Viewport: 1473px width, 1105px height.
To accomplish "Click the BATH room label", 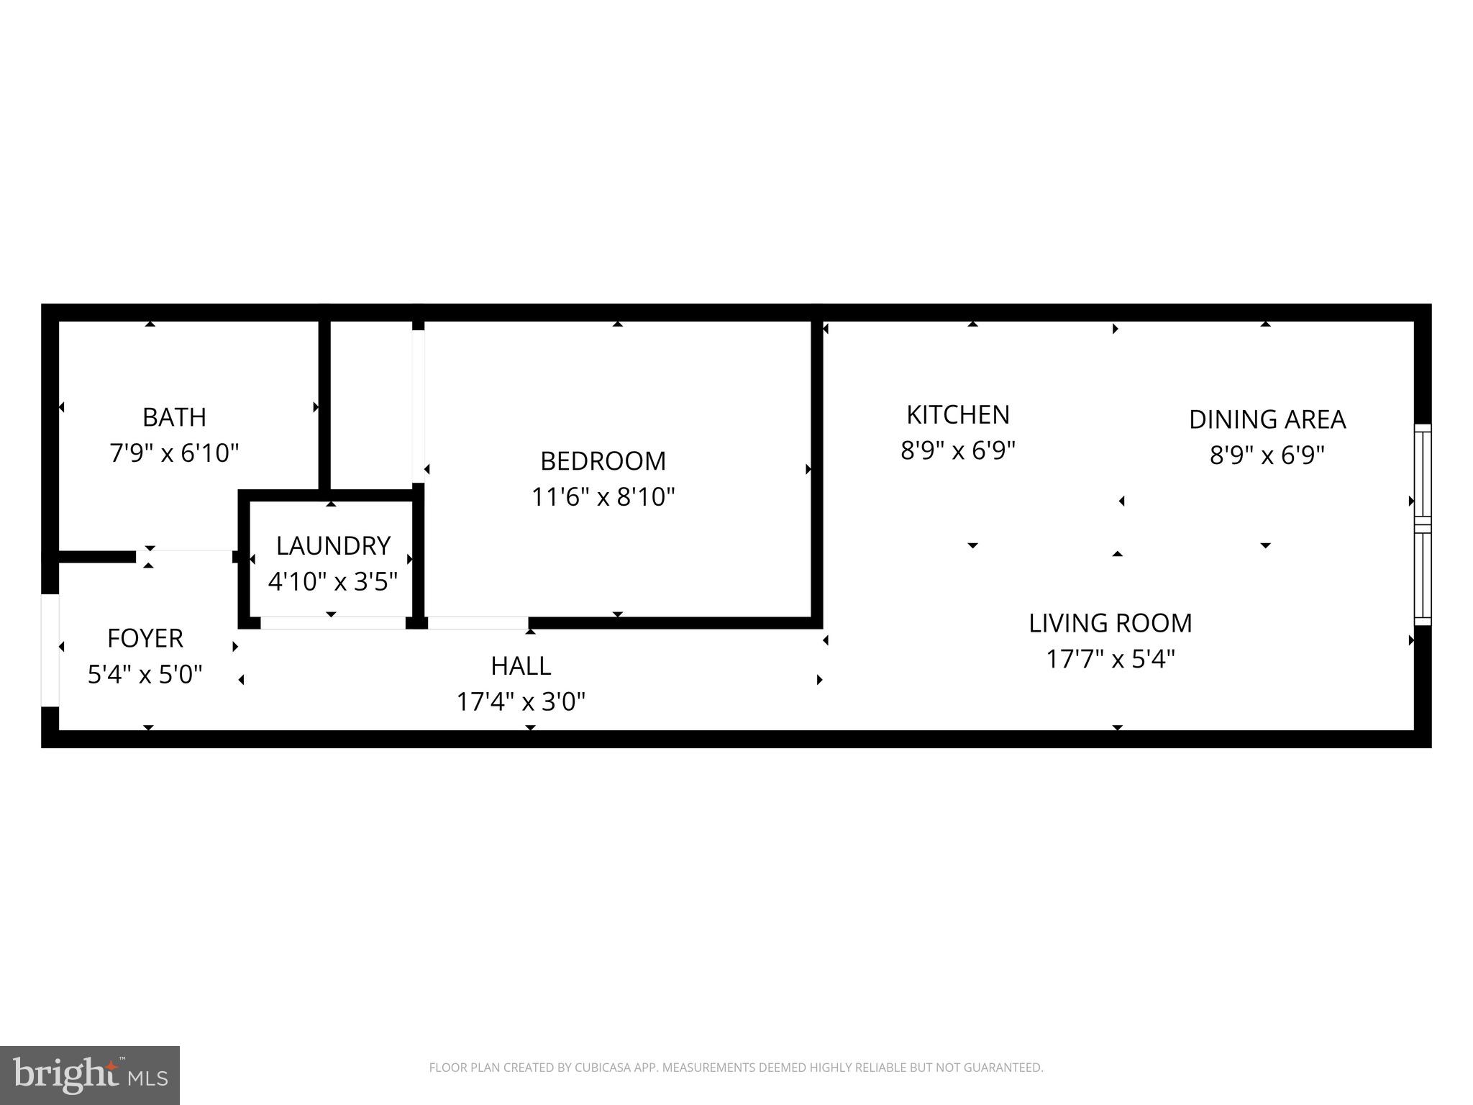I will tap(174, 417).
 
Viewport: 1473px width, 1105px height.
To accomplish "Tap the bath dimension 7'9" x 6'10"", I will tap(174, 453).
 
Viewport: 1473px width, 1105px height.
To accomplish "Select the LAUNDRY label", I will tap(333, 546).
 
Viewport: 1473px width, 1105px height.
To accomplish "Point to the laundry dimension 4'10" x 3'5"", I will tap(333, 581).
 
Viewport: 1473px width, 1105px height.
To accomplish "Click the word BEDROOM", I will tap(603, 461).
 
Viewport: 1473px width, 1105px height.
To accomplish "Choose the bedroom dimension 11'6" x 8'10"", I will tap(603, 497).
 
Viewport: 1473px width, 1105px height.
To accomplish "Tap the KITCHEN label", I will tap(958, 415).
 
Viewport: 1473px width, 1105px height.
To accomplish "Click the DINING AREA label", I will tap(1267, 419).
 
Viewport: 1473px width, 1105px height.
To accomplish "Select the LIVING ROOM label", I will tap(1111, 623).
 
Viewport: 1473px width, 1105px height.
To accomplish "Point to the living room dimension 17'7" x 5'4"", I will tap(1111, 659).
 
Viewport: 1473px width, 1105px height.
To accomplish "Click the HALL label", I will tap(521, 666).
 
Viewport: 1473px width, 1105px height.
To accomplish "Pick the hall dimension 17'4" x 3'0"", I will tap(521, 701).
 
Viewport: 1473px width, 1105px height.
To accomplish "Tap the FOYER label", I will tap(145, 638).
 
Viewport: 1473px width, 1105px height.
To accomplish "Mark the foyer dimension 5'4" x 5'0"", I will tap(145, 675).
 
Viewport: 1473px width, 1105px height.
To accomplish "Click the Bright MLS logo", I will tap(90, 1075).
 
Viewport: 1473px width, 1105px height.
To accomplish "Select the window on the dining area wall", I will tap(1422, 524).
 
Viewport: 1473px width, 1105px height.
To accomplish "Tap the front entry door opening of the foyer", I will tap(50, 650).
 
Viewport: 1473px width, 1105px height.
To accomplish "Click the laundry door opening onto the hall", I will tap(333, 623).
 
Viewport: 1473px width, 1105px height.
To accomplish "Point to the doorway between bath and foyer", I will tap(185, 555).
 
